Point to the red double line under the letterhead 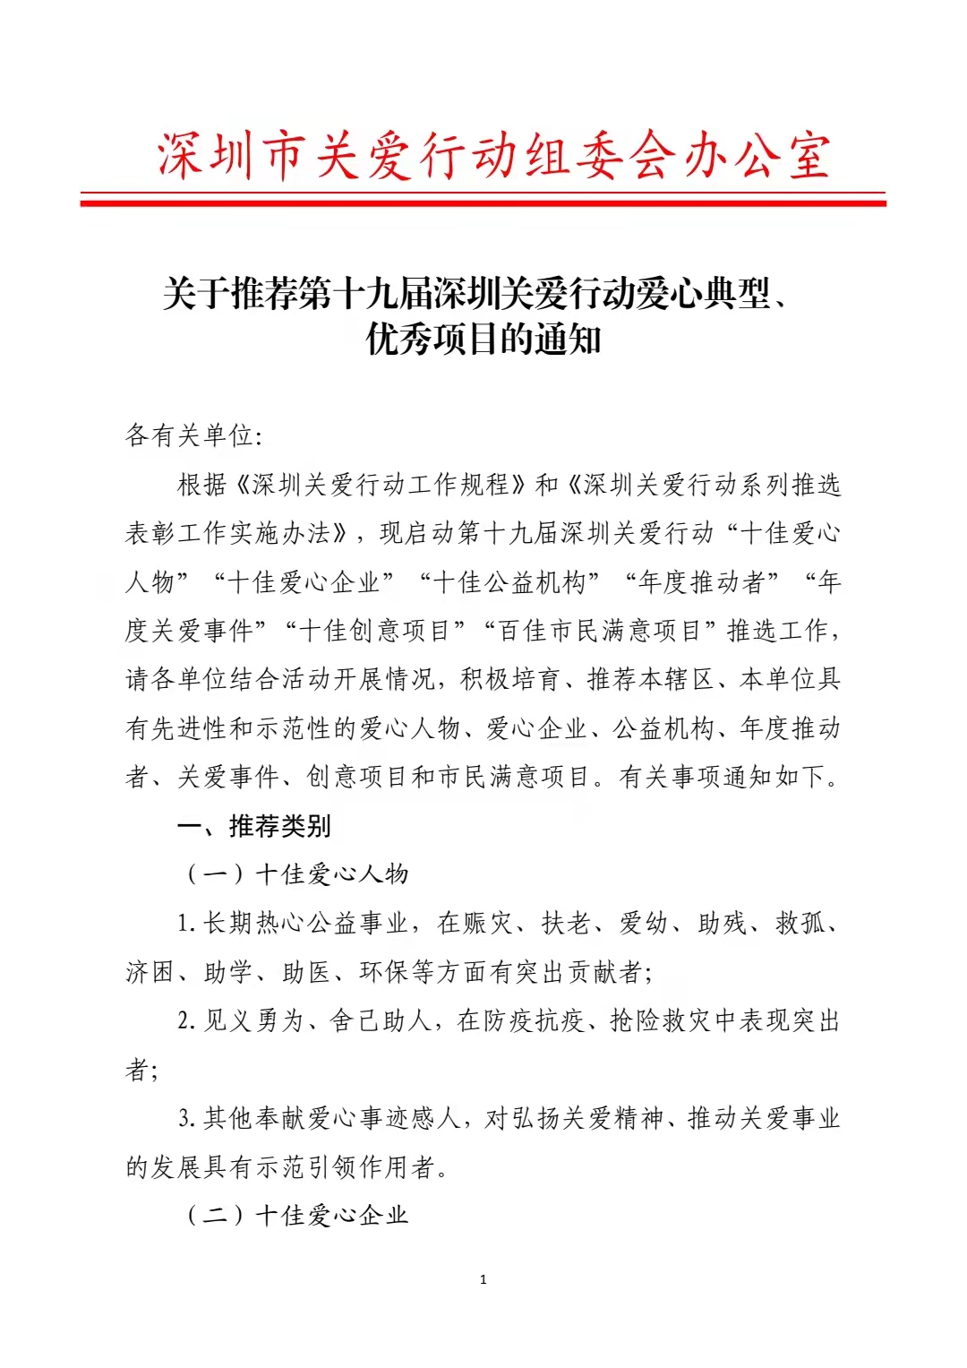click(x=483, y=200)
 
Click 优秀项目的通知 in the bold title click(x=483, y=340)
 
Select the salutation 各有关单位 click(x=190, y=436)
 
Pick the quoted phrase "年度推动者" click(x=701, y=582)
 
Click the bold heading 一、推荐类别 click(x=254, y=826)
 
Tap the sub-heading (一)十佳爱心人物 click(x=295, y=874)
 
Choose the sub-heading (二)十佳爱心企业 click(x=295, y=1216)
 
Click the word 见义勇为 click(x=254, y=1021)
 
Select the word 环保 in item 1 click(x=382, y=972)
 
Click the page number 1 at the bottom click(x=483, y=1280)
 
